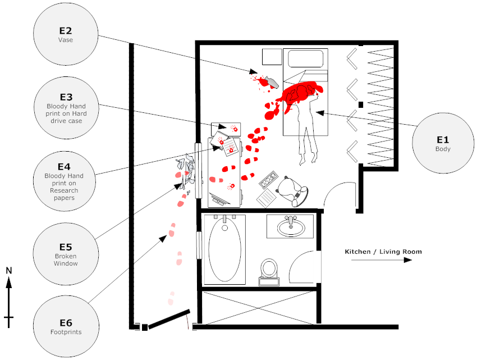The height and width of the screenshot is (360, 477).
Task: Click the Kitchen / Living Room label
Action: tap(383, 252)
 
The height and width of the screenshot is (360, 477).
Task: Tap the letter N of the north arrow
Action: tap(9, 271)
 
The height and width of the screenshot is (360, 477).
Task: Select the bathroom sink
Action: tap(290, 227)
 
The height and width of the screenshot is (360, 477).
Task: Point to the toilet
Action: tap(270, 270)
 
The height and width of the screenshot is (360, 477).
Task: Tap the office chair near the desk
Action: tap(294, 190)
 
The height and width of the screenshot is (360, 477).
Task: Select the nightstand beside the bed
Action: tap(272, 58)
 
